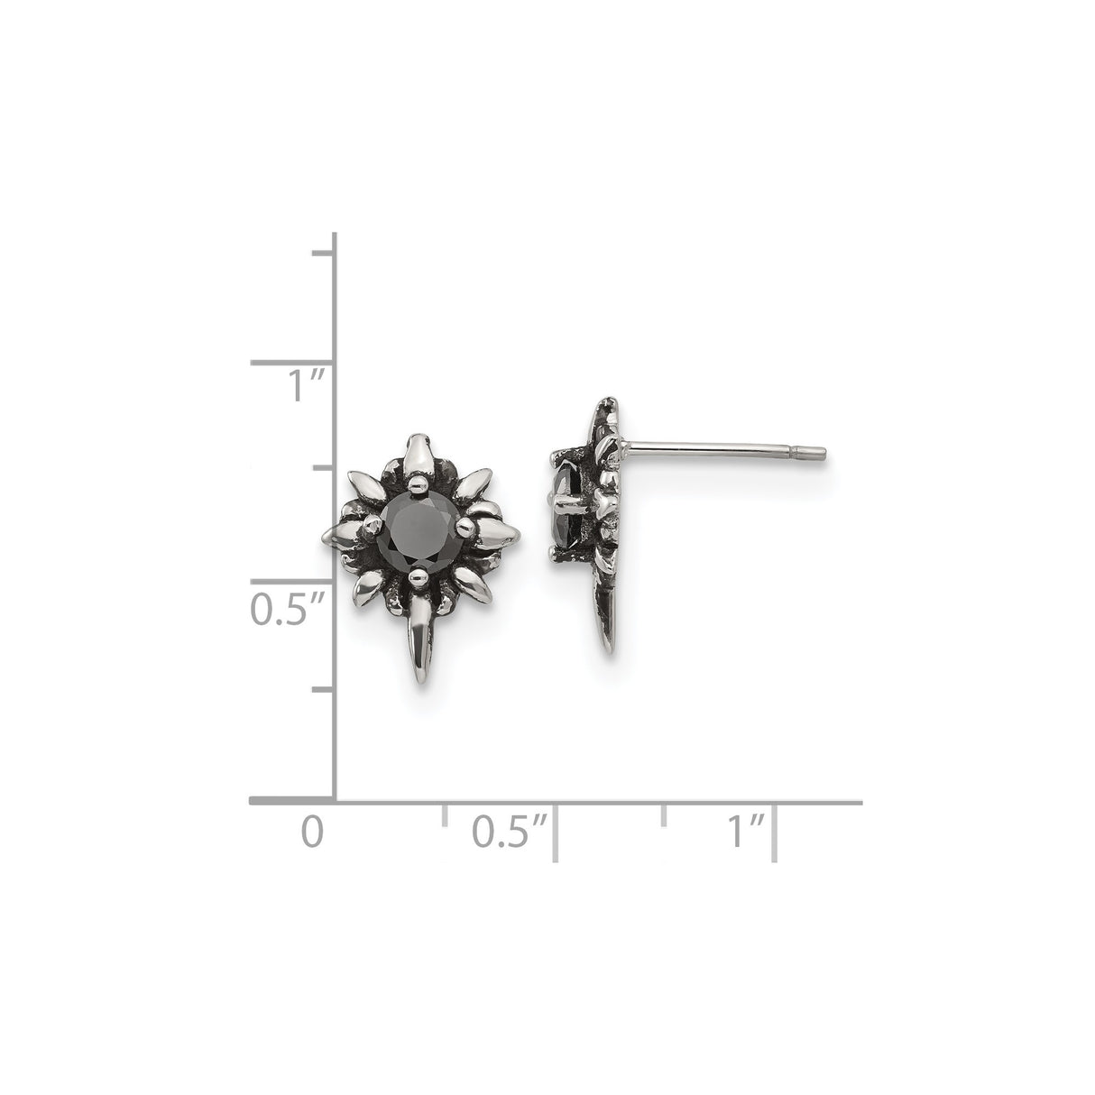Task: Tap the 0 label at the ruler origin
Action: pos(312,832)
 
